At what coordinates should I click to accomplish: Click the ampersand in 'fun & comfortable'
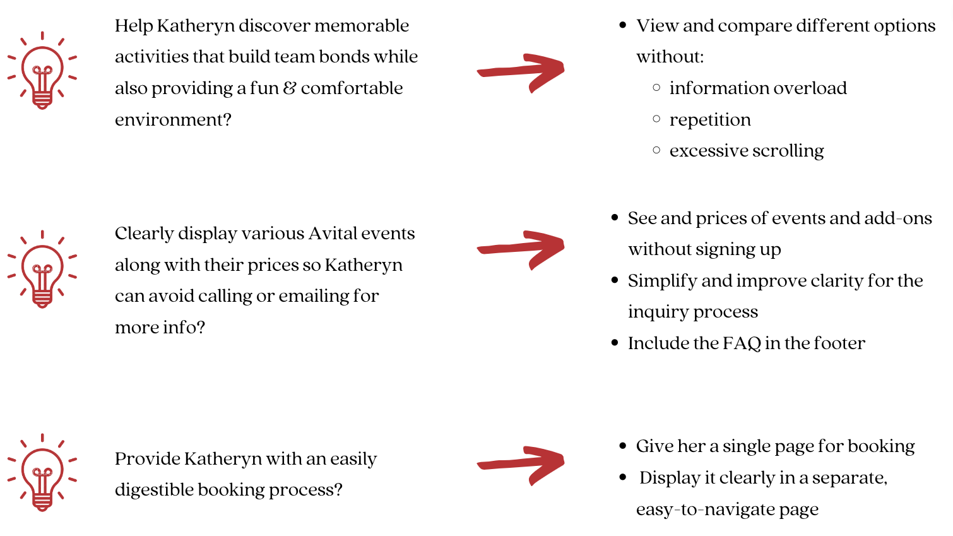pos(290,88)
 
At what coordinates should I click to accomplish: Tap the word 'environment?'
pos(173,119)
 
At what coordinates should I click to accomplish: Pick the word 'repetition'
pos(710,120)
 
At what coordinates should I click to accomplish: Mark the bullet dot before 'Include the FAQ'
pos(615,343)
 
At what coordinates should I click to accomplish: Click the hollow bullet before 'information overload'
pos(656,88)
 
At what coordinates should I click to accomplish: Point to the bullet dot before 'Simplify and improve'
pos(615,280)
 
